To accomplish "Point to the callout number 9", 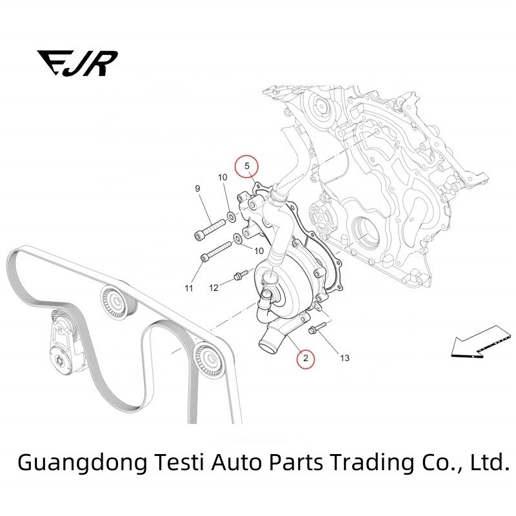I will (x=198, y=188).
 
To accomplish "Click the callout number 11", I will (x=189, y=288).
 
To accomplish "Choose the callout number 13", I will (x=344, y=358).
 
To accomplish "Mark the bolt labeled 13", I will (x=316, y=331).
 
